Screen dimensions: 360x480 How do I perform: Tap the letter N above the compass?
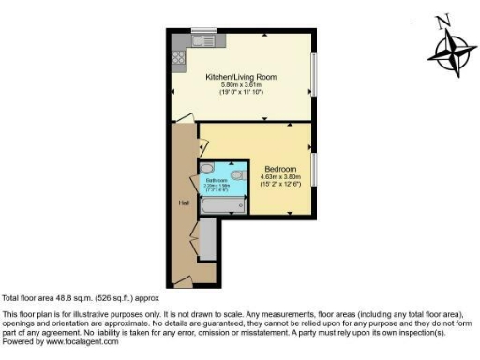tap(445, 19)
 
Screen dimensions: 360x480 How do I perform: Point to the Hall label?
tap(185, 202)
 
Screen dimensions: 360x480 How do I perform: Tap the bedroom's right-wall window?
tap(314, 169)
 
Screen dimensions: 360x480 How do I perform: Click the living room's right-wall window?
tap(314, 74)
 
